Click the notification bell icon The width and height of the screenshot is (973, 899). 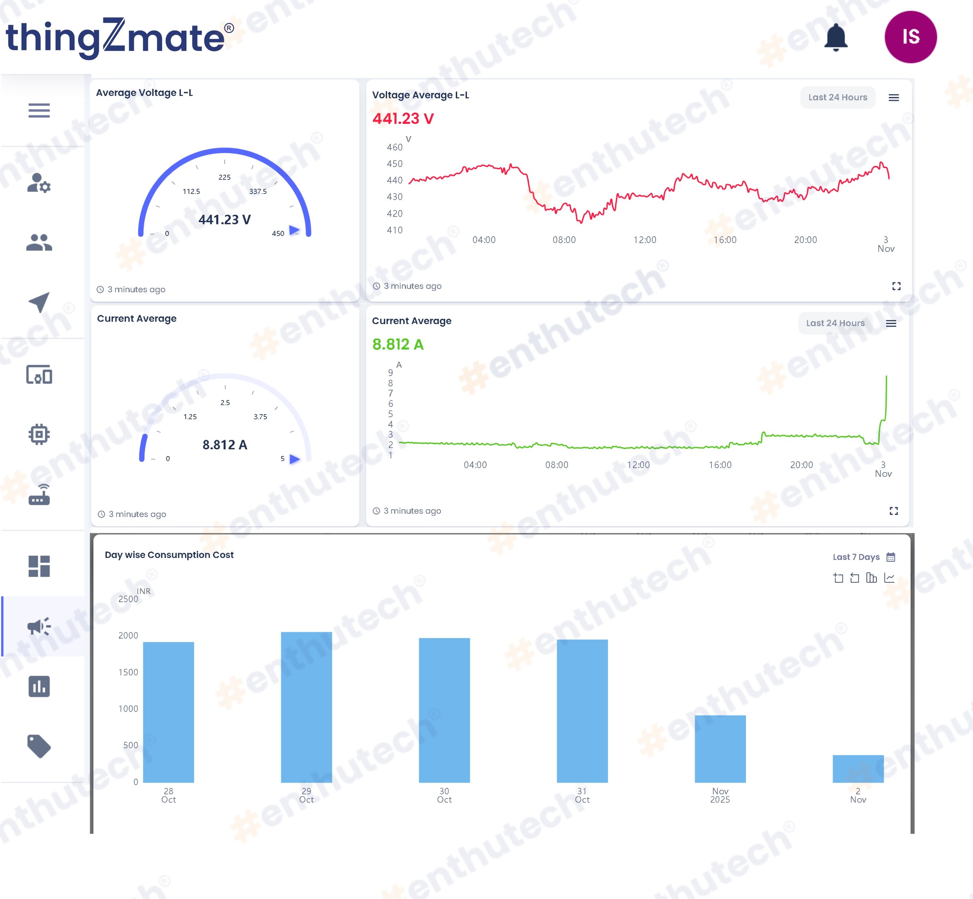836,37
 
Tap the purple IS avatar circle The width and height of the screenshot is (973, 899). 911,37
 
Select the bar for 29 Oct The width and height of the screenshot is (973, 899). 306,707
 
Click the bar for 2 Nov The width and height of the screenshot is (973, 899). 858,768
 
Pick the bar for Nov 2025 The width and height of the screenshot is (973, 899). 720,749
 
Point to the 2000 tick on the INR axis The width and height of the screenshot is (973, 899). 128,635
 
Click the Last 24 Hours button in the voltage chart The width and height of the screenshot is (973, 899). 838,97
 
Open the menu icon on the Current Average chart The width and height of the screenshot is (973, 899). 891,323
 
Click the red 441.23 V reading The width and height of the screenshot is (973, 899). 403,119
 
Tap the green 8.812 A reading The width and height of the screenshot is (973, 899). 398,345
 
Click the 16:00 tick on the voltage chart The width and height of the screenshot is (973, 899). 725,240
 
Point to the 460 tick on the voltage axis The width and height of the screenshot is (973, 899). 395,147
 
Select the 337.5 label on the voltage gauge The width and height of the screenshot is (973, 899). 258,191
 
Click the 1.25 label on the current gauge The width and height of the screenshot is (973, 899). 190,416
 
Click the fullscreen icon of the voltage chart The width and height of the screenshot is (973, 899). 896,286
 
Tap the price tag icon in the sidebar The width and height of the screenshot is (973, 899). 39,746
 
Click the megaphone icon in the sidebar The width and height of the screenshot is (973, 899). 39,627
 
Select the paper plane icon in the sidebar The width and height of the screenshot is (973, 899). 39,302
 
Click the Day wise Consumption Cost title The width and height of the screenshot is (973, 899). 169,555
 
